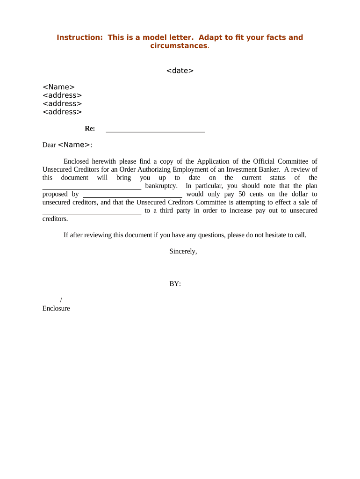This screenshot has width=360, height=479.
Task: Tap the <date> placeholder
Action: (x=180, y=71)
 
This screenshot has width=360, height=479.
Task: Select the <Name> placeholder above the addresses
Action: (x=58, y=87)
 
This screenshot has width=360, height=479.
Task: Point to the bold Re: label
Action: (x=90, y=129)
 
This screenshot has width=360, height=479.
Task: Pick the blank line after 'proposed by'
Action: (x=132, y=194)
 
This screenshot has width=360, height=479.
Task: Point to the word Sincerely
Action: (x=183, y=251)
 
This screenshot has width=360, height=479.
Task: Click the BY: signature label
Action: (x=175, y=284)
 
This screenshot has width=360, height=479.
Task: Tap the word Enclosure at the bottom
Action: (x=56, y=308)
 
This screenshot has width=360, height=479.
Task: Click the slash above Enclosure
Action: (x=61, y=300)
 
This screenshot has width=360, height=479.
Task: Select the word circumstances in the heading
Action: (x=178, y=46)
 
